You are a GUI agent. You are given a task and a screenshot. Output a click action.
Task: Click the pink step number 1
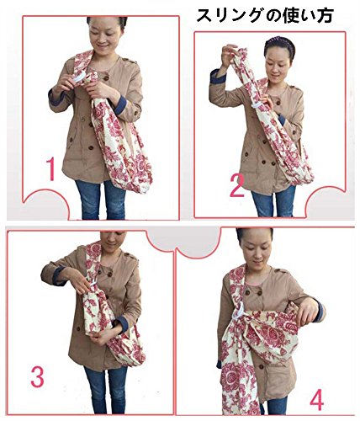coord(51,168)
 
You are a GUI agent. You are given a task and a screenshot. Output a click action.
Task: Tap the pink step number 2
coord(237,185)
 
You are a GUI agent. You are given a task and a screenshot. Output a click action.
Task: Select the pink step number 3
coord(37,376)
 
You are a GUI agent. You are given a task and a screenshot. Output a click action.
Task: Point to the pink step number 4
coord(317,399)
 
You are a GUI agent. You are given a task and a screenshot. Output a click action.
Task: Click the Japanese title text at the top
coord(265,15)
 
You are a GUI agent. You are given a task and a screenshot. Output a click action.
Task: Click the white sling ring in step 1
coord(78,77)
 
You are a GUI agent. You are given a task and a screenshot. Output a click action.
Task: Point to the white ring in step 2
coord(257,104)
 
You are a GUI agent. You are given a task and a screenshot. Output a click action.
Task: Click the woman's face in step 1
coord(104,35)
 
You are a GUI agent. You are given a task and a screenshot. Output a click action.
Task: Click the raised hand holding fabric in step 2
coord(228,56)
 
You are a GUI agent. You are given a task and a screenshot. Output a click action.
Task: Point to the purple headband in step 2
coord(278,41)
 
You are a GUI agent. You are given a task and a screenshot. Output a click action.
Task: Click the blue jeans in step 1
coord(100,200)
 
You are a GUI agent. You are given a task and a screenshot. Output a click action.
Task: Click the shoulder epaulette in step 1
coord(130,60)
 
